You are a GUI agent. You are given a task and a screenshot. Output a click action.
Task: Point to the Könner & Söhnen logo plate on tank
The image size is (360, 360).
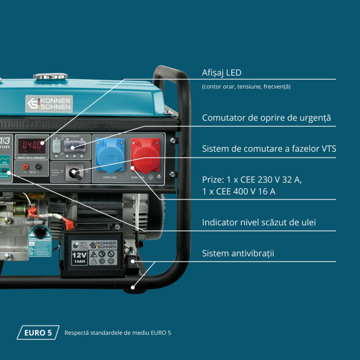(49, 103)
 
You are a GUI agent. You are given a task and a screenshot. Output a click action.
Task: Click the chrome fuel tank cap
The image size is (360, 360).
(50, 77)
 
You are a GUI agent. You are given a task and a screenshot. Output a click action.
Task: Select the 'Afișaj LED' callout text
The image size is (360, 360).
(222, 73)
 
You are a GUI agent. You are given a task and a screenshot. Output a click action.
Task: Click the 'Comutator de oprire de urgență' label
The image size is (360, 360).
(266, 118)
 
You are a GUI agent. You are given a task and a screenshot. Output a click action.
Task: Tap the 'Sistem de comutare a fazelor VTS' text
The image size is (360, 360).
(269, 149)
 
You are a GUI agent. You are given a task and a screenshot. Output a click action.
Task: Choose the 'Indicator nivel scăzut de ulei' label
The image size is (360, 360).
(259, 222)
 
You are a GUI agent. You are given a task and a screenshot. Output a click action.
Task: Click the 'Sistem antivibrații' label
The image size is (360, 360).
(238, 253)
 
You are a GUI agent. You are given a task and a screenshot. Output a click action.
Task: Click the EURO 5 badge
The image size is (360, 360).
(38, 333)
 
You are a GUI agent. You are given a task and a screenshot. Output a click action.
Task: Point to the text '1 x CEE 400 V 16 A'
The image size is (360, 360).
(239, 191)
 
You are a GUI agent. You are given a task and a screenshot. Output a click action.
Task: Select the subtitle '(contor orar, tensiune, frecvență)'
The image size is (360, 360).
(246, 86)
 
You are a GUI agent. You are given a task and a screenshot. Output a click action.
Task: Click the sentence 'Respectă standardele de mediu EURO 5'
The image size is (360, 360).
(117, 333)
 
